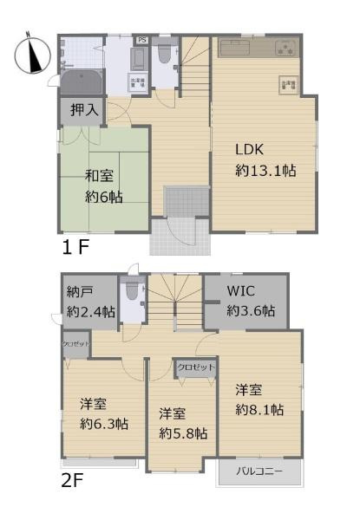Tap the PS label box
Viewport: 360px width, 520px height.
point(141,40)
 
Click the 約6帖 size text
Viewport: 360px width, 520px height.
point(103,197)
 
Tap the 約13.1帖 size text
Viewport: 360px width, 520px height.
point(265,171)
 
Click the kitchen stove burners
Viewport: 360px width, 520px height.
point(285,49)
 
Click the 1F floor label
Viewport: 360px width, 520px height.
point(75,247)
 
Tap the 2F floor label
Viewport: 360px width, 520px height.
point(73,481)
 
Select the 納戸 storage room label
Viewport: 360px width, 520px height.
point(80,292)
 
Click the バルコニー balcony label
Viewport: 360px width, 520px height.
point(259,473)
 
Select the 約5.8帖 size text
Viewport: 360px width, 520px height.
point(182,432)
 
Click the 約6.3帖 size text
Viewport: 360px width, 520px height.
point(104,424)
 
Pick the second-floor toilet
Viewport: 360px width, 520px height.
point(132,295)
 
